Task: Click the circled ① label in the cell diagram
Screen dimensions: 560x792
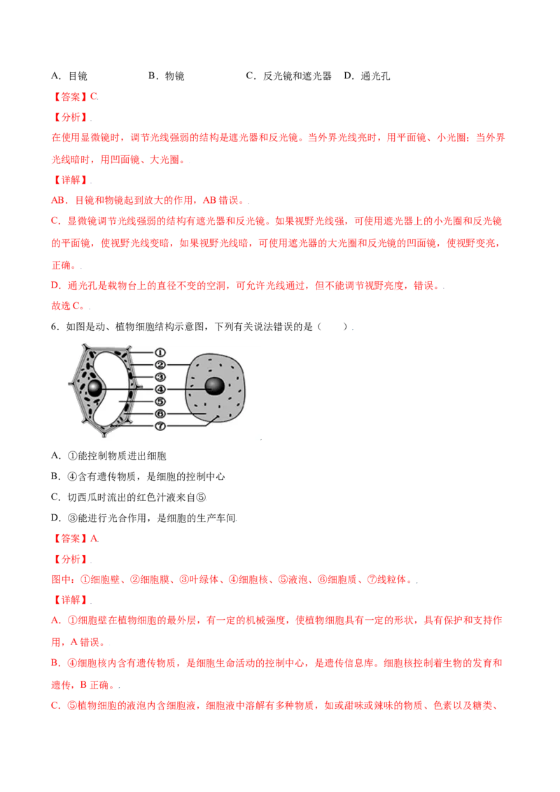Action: click(x=160, y=353)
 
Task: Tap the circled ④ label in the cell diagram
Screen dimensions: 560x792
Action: click(x=160, y=390)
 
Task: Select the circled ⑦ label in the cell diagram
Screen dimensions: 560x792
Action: click(x=160, y=426)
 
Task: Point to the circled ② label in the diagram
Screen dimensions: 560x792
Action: click(x=160, y=365)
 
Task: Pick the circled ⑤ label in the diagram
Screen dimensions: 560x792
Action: click(x=160, y=402)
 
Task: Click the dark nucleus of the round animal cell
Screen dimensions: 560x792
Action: click(x=214, y=387)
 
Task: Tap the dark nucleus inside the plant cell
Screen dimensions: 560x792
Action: click(x=94, y=388)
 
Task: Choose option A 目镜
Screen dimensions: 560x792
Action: click(x=69, y=76)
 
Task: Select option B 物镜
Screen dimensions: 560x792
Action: click(x=167, y=76)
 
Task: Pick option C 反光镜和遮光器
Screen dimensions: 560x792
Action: click(x=288, y=76)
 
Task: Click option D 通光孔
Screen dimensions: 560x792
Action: click(x=367, y=76)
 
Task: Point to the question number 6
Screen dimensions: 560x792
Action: click(x=55, y=327)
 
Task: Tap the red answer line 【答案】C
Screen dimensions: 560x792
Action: click(x=76, y=97)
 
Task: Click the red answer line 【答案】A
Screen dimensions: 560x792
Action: click(x=76, y=539)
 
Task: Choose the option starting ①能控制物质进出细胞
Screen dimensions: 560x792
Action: click(x=108, y=455)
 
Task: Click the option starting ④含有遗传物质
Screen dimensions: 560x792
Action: click(x=138, y=476)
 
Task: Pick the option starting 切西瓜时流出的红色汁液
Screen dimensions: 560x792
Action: click(x=129, y=497)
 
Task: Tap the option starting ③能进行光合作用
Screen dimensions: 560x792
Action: click(x=144, y=518)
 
